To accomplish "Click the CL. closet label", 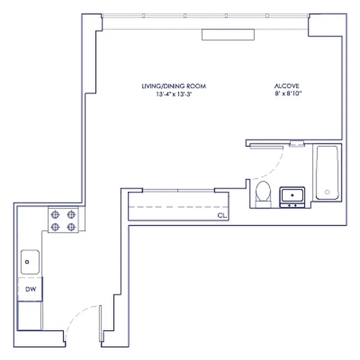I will tap(221, 216).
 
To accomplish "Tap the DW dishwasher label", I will tap(30, 289).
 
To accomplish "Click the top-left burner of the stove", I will tap(56, 215).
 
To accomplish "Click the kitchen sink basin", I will tap(30, 262).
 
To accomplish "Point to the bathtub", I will tap(327, 172).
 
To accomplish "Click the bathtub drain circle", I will tap(327, 192).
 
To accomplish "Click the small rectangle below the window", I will tap(228, 35).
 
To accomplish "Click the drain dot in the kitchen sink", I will tap(27, 261).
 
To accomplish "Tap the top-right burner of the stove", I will tap(71, 215).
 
